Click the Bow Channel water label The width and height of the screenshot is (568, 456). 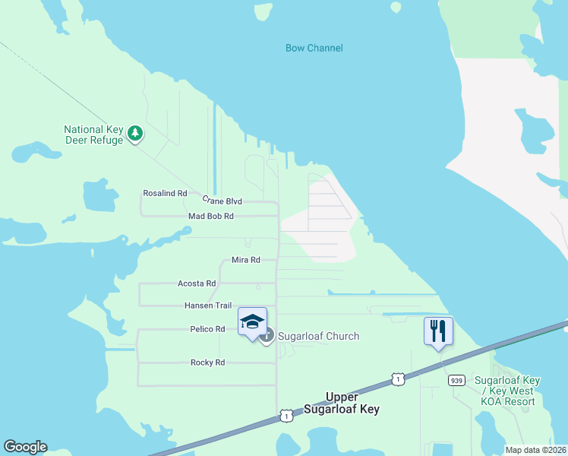coord(314,48)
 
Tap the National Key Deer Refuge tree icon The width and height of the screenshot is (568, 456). coord(135,134)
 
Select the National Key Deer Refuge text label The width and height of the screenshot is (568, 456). coord(93,135)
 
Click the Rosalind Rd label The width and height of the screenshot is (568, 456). coord(165,194)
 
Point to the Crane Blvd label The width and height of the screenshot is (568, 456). coord(222,201)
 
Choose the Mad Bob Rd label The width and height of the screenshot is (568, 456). coord(210,217)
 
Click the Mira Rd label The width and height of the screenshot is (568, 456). coord(245,260)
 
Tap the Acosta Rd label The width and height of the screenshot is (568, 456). coord(197,283)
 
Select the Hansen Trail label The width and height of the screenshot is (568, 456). coord(207,306)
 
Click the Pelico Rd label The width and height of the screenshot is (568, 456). coord(207,329)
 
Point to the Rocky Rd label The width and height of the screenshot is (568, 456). coord(207,363)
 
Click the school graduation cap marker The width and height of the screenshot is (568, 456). coord(252,322)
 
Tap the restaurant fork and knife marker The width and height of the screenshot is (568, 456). coord(438,331)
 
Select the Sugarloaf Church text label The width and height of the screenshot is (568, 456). coord(318,336)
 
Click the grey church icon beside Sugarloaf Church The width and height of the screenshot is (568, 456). coord(267,335)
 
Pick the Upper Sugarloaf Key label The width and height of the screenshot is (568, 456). coord(352,403)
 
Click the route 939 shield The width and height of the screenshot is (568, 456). coord(456,380)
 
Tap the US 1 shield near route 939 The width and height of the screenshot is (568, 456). coord(397,378)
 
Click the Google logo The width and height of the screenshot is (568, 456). coord(25,447)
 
